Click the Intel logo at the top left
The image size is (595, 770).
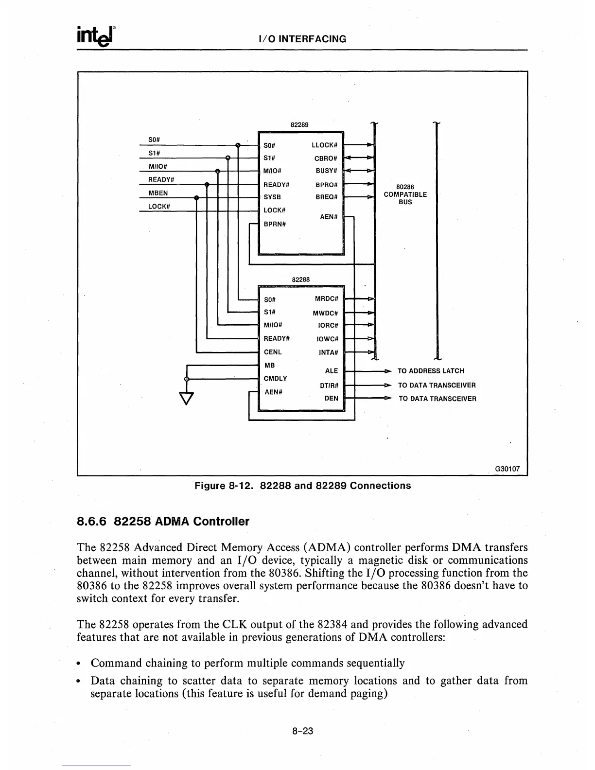[96, 36]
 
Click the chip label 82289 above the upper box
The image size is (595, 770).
[299, 124]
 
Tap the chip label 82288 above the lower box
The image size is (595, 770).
[301, 280]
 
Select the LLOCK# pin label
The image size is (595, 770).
[324, 145]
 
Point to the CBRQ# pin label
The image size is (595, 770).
[325, 158]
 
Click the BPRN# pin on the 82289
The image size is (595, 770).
[275, 224]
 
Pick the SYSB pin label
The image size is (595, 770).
[272, 197]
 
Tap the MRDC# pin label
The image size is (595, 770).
[326, 298]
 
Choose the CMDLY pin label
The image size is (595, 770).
[275, 379]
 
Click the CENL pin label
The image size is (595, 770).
[273, 352]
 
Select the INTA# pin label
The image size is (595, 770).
[328, 352]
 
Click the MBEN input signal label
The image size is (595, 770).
[158, 193]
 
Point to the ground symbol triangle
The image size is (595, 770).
[187, 398]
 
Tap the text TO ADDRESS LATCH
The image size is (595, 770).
[431, 371]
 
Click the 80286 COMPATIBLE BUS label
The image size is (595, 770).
[405, 194]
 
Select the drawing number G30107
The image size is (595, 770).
[507, 469]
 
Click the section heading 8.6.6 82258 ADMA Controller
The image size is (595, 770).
[163, 522]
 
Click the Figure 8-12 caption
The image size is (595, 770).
[302, 486]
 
